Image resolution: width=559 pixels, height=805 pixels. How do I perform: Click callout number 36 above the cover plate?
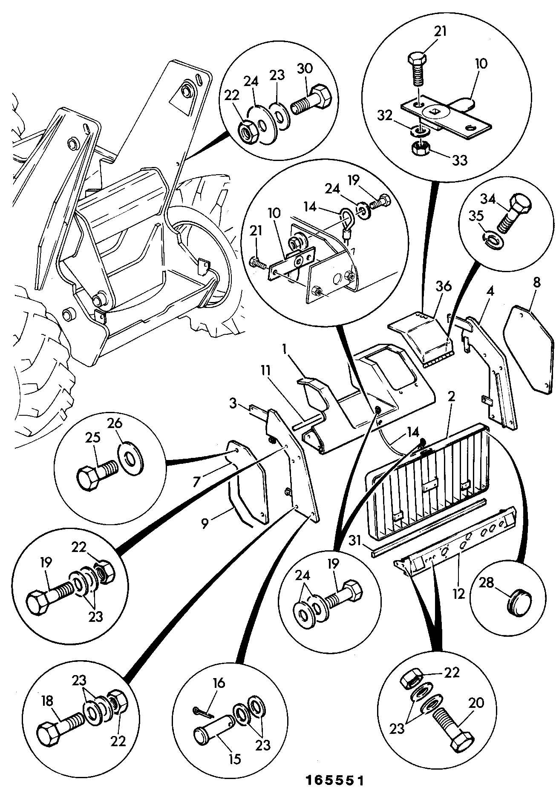tap(444, 287)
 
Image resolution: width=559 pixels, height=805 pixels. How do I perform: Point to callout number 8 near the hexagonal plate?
tap(537, 283)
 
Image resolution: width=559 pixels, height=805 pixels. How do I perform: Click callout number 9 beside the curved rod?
tap(205, 523)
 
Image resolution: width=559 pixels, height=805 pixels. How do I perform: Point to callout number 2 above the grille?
tap(451, 397)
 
